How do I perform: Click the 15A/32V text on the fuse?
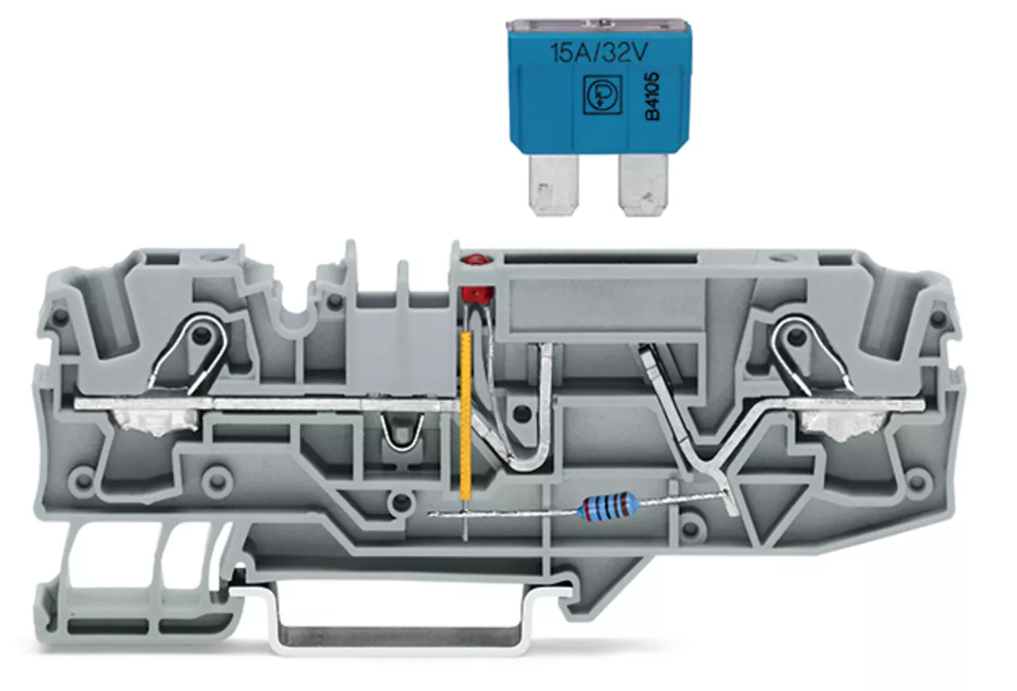pyautogui.click(x=599, y=53)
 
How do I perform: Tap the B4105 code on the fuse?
pyautogui.click(x=653, y=96)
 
